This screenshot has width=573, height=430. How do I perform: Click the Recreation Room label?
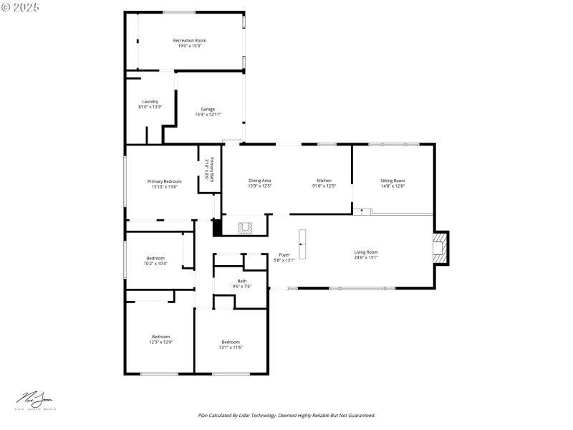pyautogui.click(x=189, y=40)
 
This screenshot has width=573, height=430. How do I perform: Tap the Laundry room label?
pyautogui.click(x=150, y=101)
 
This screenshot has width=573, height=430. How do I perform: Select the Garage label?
pyautogui.click(x=208, y=109)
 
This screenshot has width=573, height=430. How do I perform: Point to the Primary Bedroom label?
pyautogui.click(x=164, y=181)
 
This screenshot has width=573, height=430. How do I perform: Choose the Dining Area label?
pyautogui.click(x=259, y=181)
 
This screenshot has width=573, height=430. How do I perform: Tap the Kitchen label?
pyautogui.click(x=324, y=181)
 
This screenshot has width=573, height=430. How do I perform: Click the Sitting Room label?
pyautogui.click(x=393, y=181)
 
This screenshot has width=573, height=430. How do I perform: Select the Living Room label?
pyautogui.click(x=365, y=252)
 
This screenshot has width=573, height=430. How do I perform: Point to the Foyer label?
pyautogui.click(x=284, y=254)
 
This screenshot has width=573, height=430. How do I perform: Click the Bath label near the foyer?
pyautogui.click(x=241, y=281)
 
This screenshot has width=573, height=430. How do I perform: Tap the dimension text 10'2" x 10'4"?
pyautogui.click(x=155, y=264)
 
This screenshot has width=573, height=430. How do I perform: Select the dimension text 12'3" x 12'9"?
pyautogui.click(x=160, y=343)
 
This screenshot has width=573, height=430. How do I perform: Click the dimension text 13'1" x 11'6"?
pyautogui.click(x=231, y=348)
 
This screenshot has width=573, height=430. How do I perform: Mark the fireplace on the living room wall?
pyautogui.click(x=439, y=248)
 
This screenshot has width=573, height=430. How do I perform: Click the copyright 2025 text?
pyautogui.click(x=21, y=6)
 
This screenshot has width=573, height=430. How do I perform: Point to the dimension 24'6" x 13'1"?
pyautogui.click(x=365, y=257)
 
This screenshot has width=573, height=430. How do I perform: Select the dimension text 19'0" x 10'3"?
pyautogui.click(x=189, y=46)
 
